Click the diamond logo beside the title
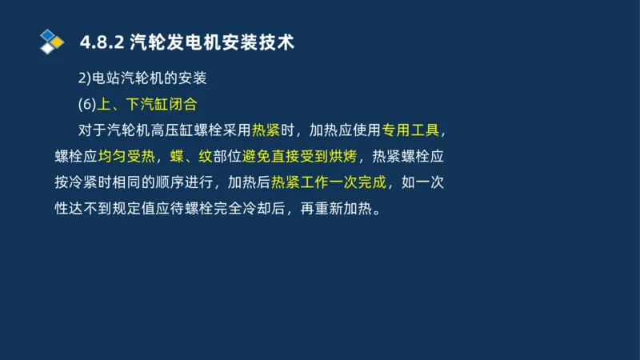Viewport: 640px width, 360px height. [x=52, y=41]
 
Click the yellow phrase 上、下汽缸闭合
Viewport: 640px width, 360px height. [x=146, y=104]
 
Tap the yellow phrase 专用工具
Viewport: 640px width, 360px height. [x=410, y=130]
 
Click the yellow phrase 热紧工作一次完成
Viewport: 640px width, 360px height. [x=329, y=182]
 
